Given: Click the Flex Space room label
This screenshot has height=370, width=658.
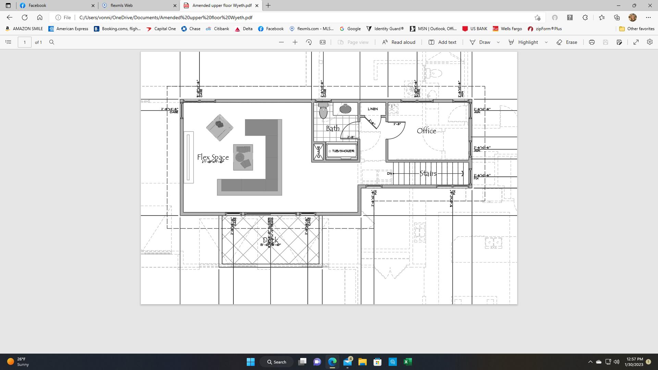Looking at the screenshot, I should coord(213,157).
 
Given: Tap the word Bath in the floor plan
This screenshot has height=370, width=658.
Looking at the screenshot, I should coord(332,128).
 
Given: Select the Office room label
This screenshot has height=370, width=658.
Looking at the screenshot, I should coord(426,131).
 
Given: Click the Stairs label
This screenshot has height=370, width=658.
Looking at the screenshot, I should coord(428,174).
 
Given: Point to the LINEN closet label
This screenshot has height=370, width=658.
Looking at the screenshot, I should coord(373,109).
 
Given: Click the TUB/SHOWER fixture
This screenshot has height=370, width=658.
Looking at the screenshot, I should coord(341,151).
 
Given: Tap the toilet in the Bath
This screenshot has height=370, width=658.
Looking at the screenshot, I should coord(323,110).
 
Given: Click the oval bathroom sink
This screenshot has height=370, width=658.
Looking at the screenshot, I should coord(345,109).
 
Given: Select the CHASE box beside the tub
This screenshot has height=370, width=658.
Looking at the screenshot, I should coord(318,151).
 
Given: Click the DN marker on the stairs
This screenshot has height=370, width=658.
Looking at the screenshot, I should coord(389,174).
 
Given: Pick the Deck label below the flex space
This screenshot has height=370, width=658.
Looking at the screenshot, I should coord(270,240).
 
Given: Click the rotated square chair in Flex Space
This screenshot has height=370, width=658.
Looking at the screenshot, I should coord(220,127).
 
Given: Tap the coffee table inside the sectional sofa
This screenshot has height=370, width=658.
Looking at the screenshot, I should coord(243,157).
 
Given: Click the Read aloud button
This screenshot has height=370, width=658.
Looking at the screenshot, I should coord(399,42).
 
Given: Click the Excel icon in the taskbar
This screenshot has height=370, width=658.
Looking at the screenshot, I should coord(407,362).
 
